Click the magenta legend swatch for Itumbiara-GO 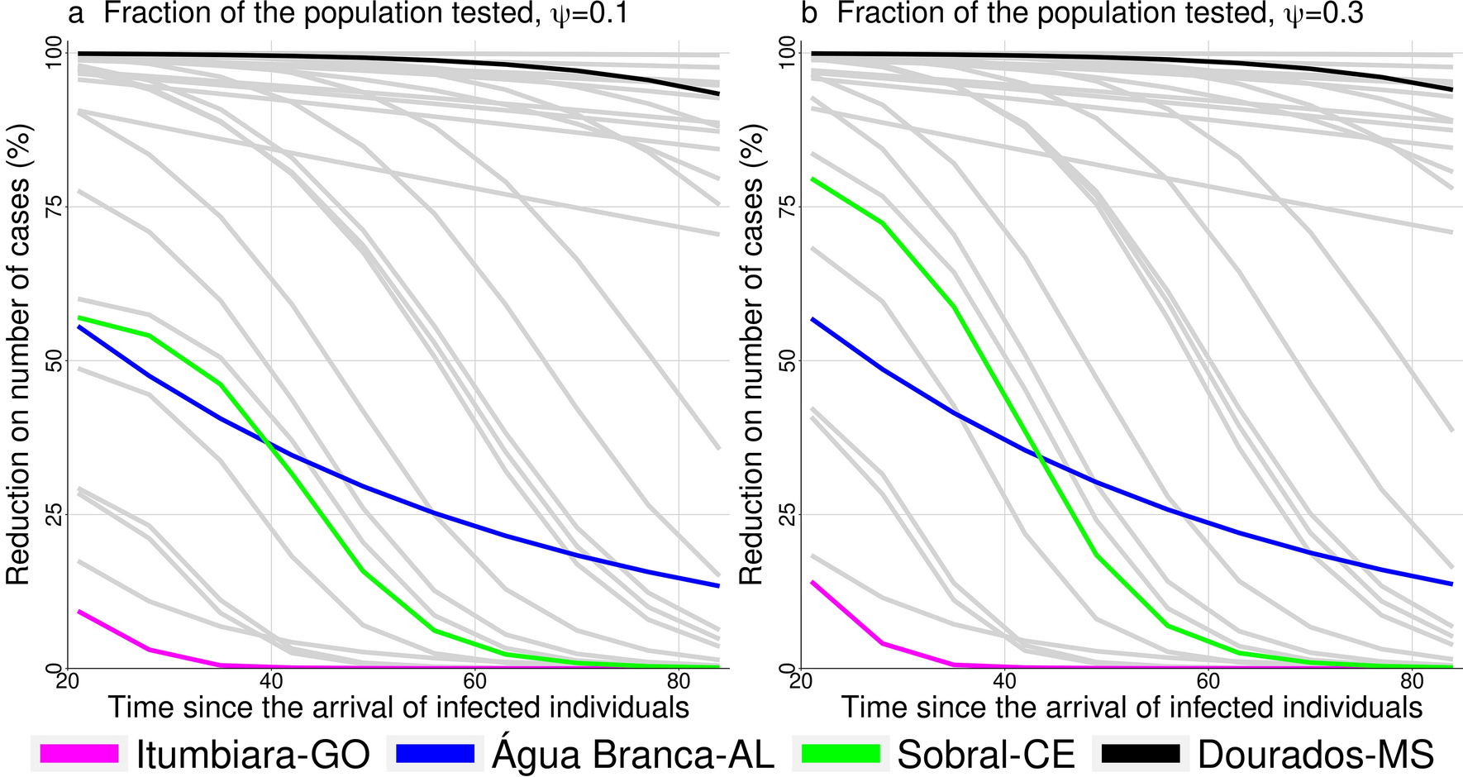tap(79, 753)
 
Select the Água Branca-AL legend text tap(633, 753)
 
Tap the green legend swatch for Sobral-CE tap(841, 753)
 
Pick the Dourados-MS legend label tap(1316, 753)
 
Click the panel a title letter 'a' tap(76, 14)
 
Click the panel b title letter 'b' tap(809, 14)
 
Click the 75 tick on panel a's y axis tap(54, 207)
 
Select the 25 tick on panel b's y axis tap(787, 514)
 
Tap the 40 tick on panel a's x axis tap(271, 681)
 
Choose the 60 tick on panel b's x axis tap(1208, 681)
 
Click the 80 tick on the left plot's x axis tap(679, 681)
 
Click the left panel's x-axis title tap(398, 708)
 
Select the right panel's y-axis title tap(751, 355)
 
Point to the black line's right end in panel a tap(718, 94)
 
